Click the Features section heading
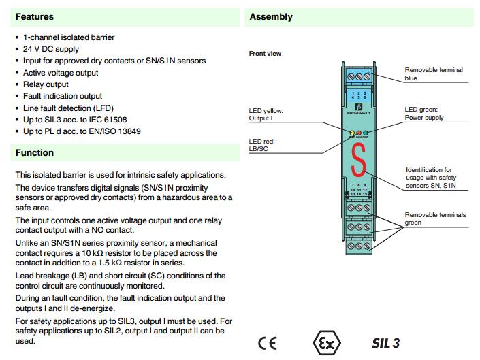pyautogui.click(x=35, y=16)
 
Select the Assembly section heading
pyautogui.click(x=271, y=16)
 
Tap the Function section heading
pyautogui.click(x=35, y=153)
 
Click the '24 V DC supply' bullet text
pyautogui.click(x=51, y=49)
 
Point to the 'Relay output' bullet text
pyautogui.click(x=46, y=84)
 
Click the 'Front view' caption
pyautogui.click(x=266, y=53)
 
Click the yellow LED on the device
pyautogui.click(x=349, y=133)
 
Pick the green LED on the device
pyautogui.click(x=366, y=133)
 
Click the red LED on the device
pyautogui.click(x=357, y=133)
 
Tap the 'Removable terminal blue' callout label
pyautogui.click(x=434, y=73)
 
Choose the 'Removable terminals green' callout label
pyautogui.click(x=435, y=218)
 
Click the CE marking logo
pyautogui.click(x=268, y=342)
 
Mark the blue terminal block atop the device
pyautogui.click(x=357, y=78)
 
